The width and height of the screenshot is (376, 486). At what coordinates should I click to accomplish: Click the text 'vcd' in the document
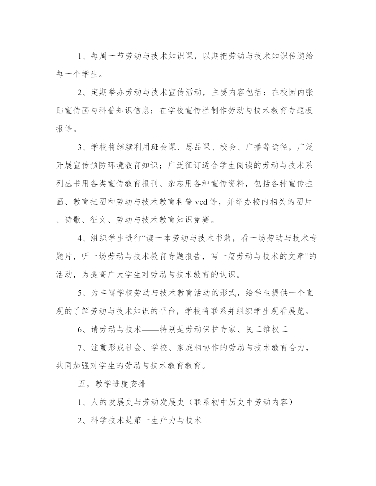pyautogui.click(x=202, y=202)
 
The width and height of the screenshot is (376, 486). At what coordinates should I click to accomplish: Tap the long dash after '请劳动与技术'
pyautogui.click(x=151, y=329)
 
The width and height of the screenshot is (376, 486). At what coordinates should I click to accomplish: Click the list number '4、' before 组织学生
pyautogui.click(x=82, y=238)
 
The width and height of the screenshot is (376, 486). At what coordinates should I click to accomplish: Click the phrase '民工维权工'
pyautogui.click(x=267, y=329)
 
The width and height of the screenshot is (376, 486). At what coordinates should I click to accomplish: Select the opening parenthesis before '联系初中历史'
pyautogui.click(x=190, y=402)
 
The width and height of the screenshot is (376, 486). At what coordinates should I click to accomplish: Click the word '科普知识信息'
pyautogui.click(x=124, y=111)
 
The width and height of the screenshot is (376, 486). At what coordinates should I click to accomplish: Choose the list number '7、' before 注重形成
pyautogui.click(x=82, y=348)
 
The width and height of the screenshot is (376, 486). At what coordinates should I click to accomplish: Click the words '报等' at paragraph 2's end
pyautogui.click(x=64, y=129)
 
